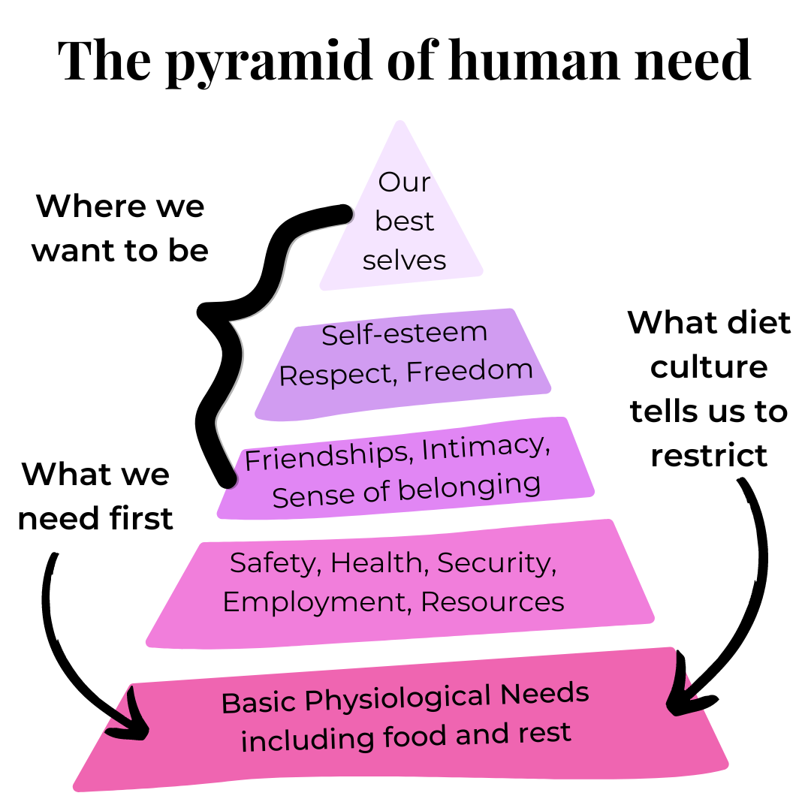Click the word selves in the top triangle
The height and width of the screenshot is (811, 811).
tap(404, 260)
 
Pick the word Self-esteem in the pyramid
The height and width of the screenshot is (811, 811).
tap(405, 333)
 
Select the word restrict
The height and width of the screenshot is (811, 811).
tap(709, 455)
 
